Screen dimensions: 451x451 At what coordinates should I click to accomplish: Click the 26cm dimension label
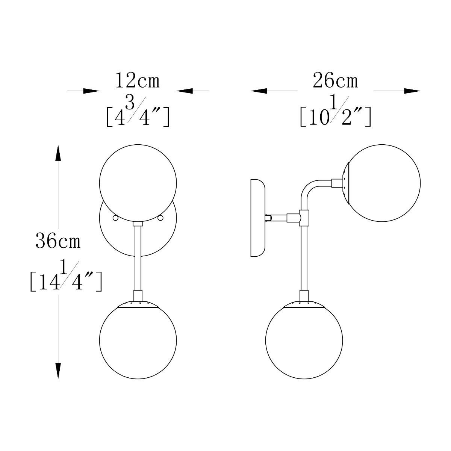click(335, 80)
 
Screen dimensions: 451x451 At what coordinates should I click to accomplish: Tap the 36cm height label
click(58, 241)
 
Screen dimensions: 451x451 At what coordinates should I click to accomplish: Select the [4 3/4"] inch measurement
click(138, 111)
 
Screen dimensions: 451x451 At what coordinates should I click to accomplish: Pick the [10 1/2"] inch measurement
click(335, 111)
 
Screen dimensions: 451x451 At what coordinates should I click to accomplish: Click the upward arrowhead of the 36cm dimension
click(58, 153)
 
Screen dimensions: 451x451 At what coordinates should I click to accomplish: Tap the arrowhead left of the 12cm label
click(91, 91)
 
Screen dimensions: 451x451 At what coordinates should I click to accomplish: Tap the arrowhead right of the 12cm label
click(185, 91)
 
